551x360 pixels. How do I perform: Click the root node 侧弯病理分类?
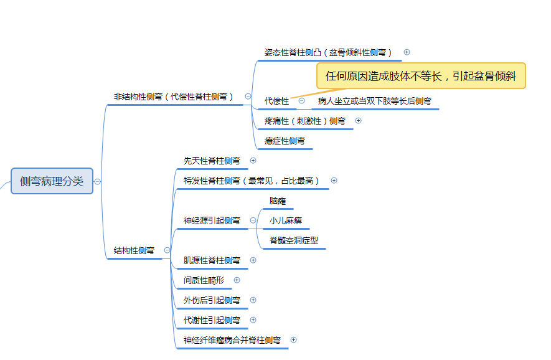tap(52, 181)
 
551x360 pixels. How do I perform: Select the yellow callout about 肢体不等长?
tap(421, 76)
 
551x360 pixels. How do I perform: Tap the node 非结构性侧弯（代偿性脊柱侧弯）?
tap(173, 97)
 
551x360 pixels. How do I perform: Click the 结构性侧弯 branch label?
tap(134, 250)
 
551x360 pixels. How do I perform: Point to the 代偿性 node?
tap(276, 102)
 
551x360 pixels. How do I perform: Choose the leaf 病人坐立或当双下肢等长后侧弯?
tap(375, 102)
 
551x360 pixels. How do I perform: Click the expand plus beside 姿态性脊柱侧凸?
tap(407, 52)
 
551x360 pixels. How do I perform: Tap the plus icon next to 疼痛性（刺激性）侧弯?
tap(359, 121)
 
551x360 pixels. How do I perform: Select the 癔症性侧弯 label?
tap(285, 141)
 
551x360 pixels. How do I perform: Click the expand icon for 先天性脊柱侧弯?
tap(253, 160)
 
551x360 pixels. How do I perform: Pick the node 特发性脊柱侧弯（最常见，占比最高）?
tap(252, 181)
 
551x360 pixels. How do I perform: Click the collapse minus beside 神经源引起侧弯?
tap(253, 220)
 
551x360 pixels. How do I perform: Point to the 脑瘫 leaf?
tap(278, 201)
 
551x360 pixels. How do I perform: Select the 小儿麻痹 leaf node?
tap(286, 220)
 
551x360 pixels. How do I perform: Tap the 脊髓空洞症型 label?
tap(294, 240)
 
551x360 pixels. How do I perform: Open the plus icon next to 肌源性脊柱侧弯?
tap(253, 260)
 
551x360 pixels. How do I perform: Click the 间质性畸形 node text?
tap(204, 280)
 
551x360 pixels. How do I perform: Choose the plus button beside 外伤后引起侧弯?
tap(253, 300)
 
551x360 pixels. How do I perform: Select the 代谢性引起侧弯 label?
tap(212, 320)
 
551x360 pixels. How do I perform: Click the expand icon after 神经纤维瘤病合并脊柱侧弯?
tap(294, 339)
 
